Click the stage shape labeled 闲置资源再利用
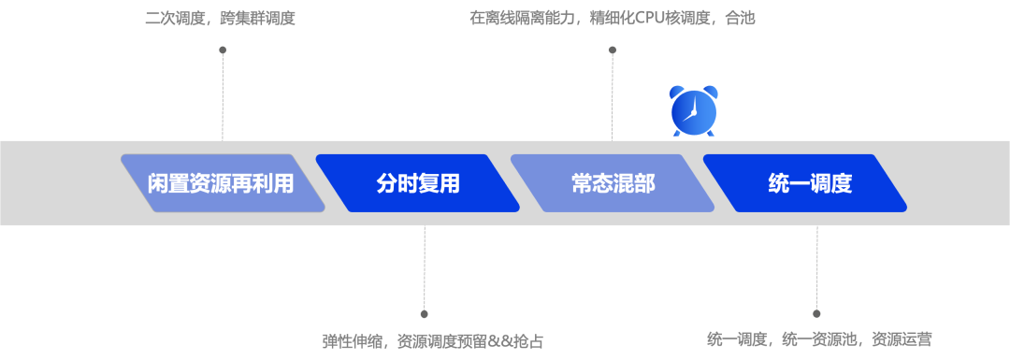pyautogui.click(x=221, y=183)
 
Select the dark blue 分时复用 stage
pyautogui.click(x=417, y=183)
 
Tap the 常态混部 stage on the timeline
pyautogui.click(x=613, y=183)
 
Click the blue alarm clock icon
pyautogui.click(x=694, y=111)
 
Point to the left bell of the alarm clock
pyautogui.click(x=677, y=93)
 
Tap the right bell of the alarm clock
pyautogui.click(x=711, y=93)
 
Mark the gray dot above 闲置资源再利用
pyautogui.click(x=223, y=50)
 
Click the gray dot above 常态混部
pyautogui.click(x=613, y=50)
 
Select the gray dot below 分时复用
pyautogui.click(x=424, y=314)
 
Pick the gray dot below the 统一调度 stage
pyautogui.click(x=816, y=314)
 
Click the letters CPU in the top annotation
pyautogui.click(x=654, y=19)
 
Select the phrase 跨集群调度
pyautogui.click(x=257, y=19)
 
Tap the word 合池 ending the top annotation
pyautogui.click(x=739, y=19)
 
